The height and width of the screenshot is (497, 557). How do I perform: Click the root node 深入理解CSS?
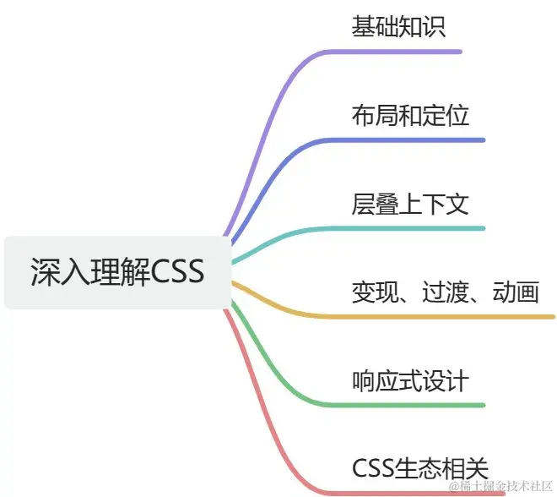pyautogui.click(x=117, y=272)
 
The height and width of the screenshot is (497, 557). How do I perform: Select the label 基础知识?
pyautogui.click(x=398, y=26)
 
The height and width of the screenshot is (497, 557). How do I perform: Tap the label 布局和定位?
pyautogui.click(x=410, y=115)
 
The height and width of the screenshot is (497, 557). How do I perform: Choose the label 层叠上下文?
pyautogui.click(x=410, y=204)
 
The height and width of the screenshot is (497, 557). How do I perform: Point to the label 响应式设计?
pyautogui.click(x=410, y=380)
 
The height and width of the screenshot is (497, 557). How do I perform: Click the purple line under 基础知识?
pyautogui.click(x=405, y=52)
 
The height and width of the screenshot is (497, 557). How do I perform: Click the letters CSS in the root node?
pyautogui.click(x=178, y=272)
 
